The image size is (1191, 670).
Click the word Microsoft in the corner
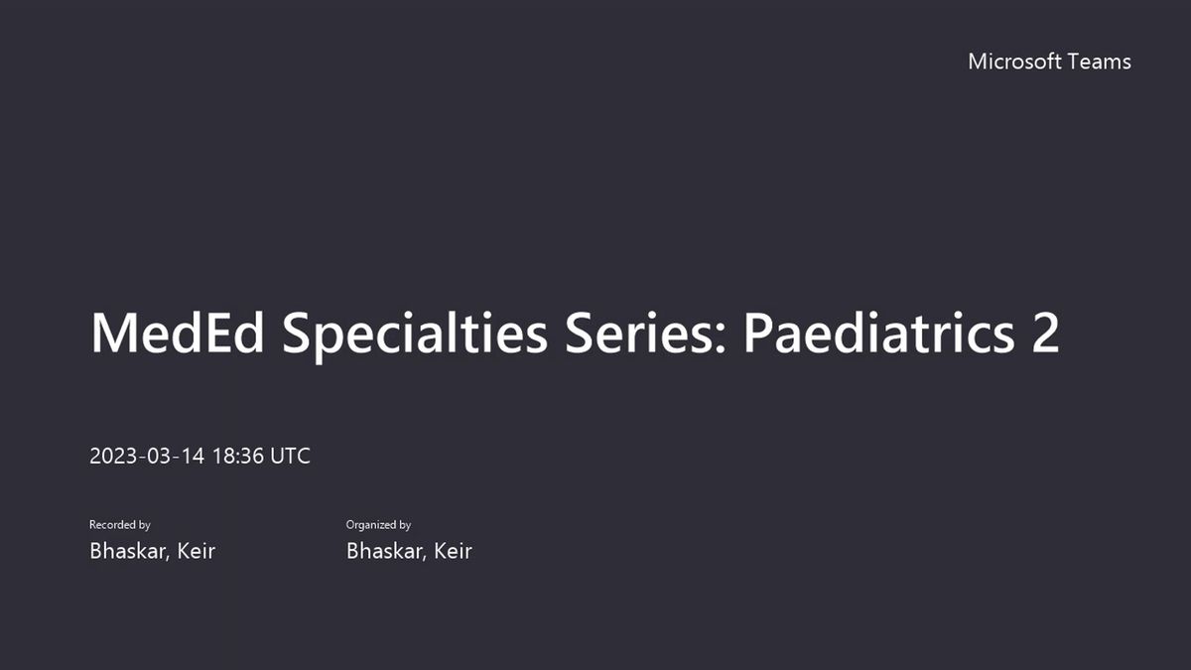1014,62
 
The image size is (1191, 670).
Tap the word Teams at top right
1100,62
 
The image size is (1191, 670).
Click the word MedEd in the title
177,333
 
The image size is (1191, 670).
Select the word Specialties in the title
415,336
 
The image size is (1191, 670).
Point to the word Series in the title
639,333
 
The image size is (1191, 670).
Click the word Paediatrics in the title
879,333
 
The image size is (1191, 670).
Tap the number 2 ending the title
1046,333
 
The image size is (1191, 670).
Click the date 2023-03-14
147,457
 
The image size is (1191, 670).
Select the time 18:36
238,457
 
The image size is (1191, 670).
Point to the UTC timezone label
290,457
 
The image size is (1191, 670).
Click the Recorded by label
120,525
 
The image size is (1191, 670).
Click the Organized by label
378,525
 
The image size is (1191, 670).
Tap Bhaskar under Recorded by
129,551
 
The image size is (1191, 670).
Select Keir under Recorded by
197,551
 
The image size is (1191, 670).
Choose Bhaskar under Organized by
386,551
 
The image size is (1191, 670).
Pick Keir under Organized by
453,551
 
